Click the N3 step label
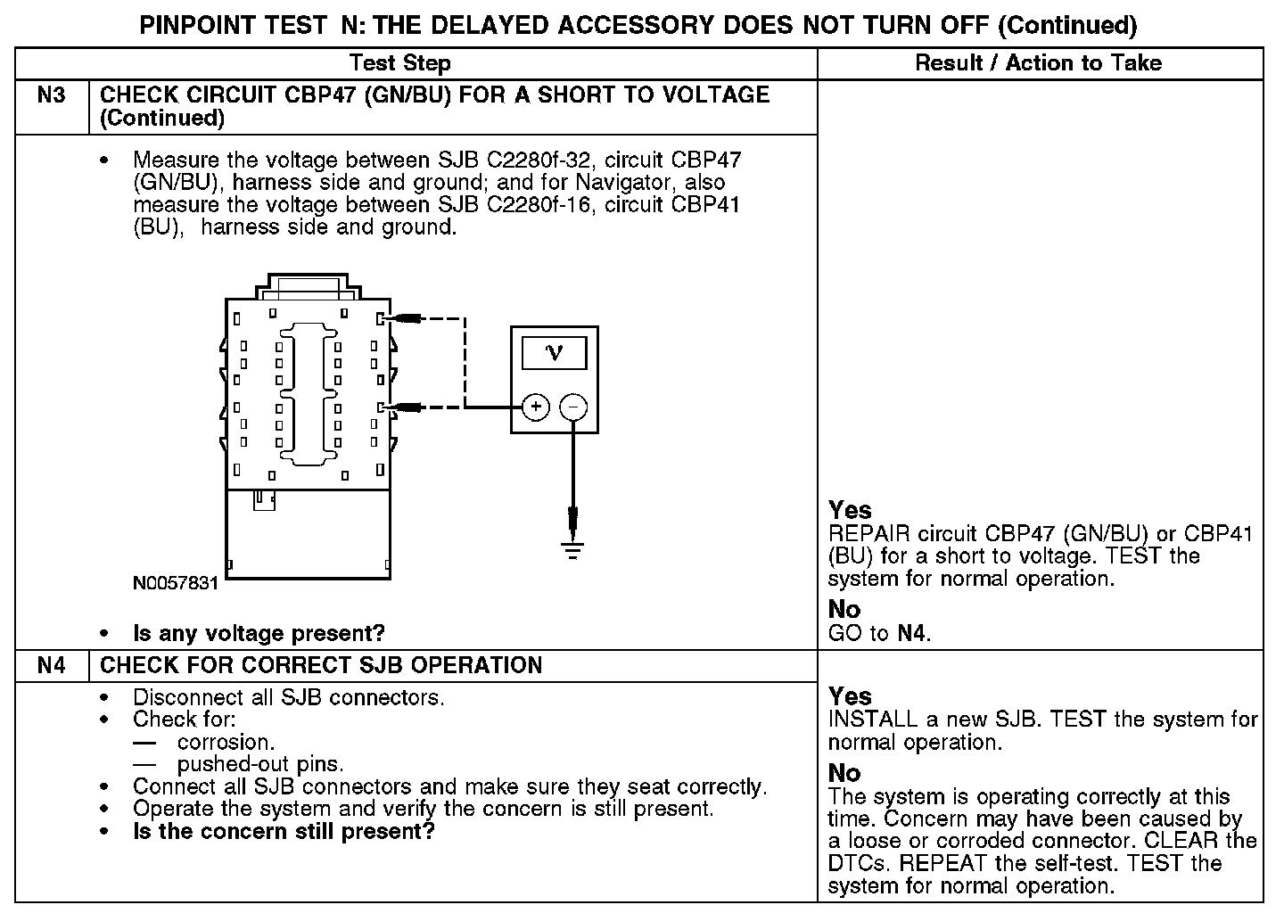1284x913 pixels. click(x=52, y=95)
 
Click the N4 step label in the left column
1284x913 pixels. click(x=52, y=666)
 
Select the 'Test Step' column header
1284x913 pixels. click(x=399, y=63)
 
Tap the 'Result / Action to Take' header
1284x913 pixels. click(x=1039, y=63)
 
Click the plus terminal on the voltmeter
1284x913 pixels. click(x=535, y=407)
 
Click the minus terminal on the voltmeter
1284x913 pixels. click(x=573, y=407)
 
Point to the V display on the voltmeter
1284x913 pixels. click(x=554, y=354)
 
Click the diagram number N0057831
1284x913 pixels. click(x=175, y=584)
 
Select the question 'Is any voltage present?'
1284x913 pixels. click(x=259, y=634)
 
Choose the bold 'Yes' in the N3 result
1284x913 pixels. click(x=850, y=511)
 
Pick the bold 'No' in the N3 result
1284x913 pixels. click(x=844, y=610)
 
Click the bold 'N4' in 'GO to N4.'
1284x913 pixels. click(x=912, y=634)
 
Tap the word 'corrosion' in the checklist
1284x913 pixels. click(x=225, y=743)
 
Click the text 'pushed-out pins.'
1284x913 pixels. click(x=260, y=765)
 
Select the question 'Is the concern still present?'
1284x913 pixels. click(x=284, y=832)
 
